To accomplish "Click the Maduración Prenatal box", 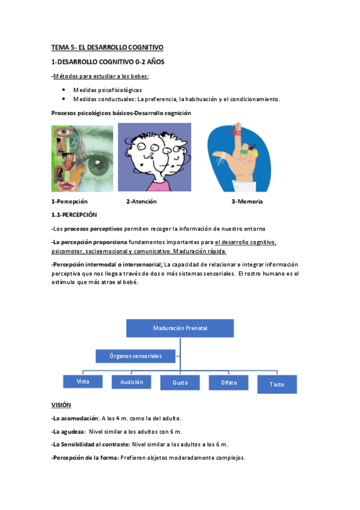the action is click(180, 328).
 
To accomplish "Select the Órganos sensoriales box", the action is click(136, 356).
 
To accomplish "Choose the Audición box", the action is click(131, 381).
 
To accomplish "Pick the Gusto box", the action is click(180, 382).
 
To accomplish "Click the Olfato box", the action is click(228, 382).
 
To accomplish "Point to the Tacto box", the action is click(276, 384).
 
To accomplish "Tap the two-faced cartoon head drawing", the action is click(154, 157).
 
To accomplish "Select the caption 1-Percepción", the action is click(70, 201).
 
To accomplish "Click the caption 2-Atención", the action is click(141, 201).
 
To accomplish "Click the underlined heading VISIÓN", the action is click(61, 405).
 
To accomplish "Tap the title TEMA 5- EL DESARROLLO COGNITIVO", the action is click(107, 47).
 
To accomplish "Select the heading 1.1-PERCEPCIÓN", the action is click(74, 215).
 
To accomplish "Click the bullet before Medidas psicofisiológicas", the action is click(64, 89).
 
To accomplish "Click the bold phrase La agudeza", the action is click(68, 431).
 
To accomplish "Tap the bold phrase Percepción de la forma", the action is click(84, 458).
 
